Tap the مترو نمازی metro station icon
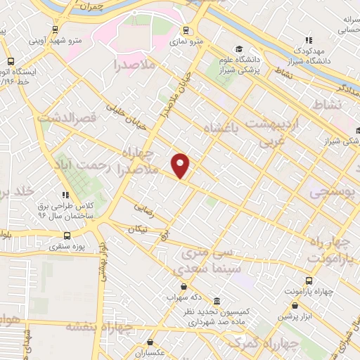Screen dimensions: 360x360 (186, 30)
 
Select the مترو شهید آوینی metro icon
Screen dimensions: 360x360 (55, 30)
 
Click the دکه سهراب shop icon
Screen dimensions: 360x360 (184, 286)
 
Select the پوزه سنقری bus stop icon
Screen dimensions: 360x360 (67, 236)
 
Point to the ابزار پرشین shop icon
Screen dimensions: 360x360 (295, 306)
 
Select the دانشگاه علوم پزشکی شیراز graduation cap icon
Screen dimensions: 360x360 (238, 49)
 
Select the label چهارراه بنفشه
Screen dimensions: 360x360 (98, 327)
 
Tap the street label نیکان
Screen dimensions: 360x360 (137, 230)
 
